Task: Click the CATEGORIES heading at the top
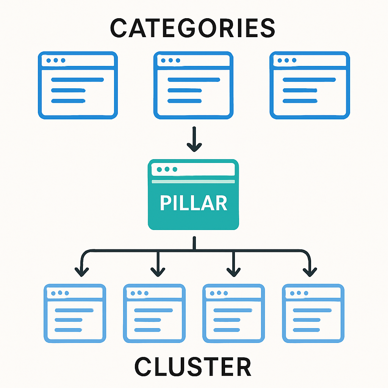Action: pyautogui.click(x=193, y=28)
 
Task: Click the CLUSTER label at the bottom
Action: pyautogui.click(x=193, y=367)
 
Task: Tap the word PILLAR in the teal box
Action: pyautogui.click(x=194, y=203)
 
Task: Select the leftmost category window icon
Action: pyautogui.click(x=78, y=85)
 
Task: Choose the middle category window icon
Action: pyautogui.click(x=194, y=85)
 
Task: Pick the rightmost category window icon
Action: pyautogui.click(x=310, y=85)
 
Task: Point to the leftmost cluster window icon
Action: pyautogui.click(x=75, y=313)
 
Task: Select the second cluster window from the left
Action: pyautogui.click(x=154, y=313)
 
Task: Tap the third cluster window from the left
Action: pyautogui.click(x=234, y=313)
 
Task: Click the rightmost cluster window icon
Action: pyautogui.click(x=313, y=313)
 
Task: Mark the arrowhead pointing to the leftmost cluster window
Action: pyautogui.click(x=82, y=271)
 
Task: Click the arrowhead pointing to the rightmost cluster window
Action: pyautogui.click(x=310, y=271)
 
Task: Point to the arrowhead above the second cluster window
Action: pyautogui.click(x=158, y=271)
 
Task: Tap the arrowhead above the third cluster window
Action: pyautogui.click(x=233, y=271)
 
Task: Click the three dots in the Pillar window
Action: pyautogui.click(x=167, y=169)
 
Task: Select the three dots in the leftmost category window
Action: pyautogui.click(x=55, y=61)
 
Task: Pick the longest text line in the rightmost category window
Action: pyautogui.click(x=309, y=80)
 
